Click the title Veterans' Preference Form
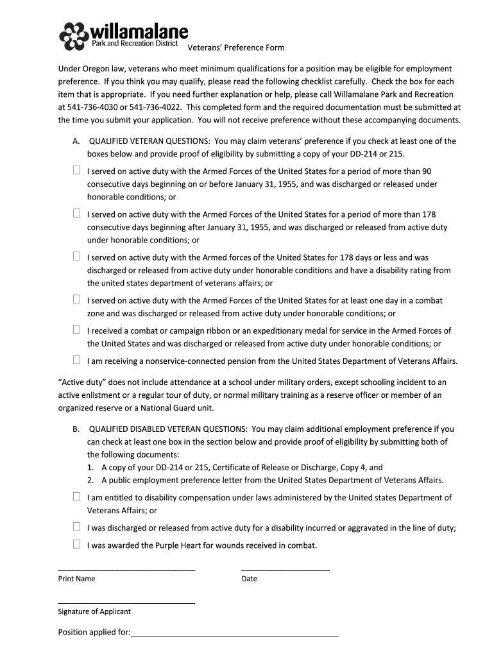235,47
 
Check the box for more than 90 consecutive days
76,171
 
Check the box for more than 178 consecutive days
76,214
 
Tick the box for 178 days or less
76,257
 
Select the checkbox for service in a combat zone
76,300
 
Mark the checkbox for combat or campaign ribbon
76,330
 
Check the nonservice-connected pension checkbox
76,360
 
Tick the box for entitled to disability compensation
76,497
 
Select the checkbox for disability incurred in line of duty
76,527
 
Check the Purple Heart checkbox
76,545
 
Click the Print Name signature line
126,568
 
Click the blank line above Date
285,568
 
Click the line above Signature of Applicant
126,602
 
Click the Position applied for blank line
234,635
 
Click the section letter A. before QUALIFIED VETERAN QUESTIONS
76,141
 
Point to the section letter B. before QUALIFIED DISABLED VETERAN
76,429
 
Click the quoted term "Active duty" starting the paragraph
83,382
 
